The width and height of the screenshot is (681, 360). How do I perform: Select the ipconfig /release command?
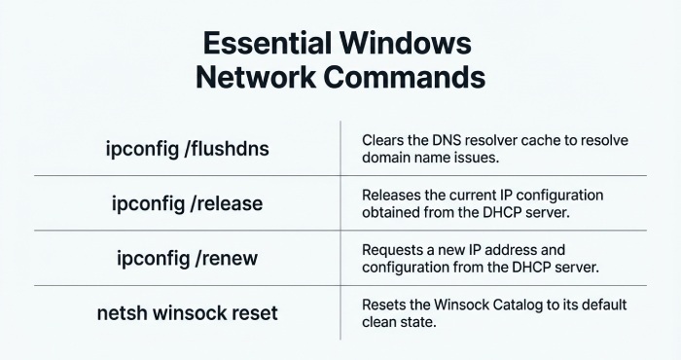[x=188, y=204]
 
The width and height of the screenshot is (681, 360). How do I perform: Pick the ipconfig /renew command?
[x=188, y=260]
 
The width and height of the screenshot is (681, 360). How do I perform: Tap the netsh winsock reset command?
[x=188, y=313]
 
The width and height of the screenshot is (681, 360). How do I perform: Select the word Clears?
[x=382, y=140]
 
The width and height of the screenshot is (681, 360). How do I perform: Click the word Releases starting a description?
[x=394, y=195]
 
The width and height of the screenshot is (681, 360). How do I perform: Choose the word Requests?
[x=395, y=250]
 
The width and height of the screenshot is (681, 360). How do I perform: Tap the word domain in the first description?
[x=386, y=158]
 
